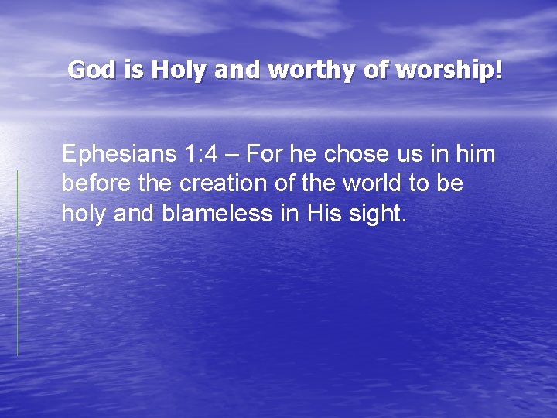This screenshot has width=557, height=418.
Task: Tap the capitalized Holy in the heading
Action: tap(179, 70)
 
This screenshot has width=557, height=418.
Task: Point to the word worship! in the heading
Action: tap(449, 70)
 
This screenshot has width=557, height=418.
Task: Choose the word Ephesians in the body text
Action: tap(120, 155)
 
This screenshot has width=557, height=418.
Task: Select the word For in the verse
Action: tap(266, 155)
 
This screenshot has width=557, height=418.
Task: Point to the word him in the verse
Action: tap(475, 155)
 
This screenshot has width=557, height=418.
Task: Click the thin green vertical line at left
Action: tap(17, 263)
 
